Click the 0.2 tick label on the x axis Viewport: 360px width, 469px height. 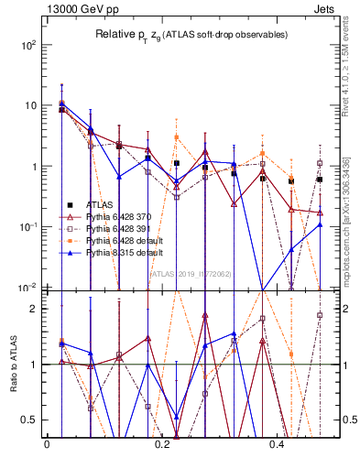coord(162,443)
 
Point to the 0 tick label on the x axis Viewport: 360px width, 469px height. coord(47,443)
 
